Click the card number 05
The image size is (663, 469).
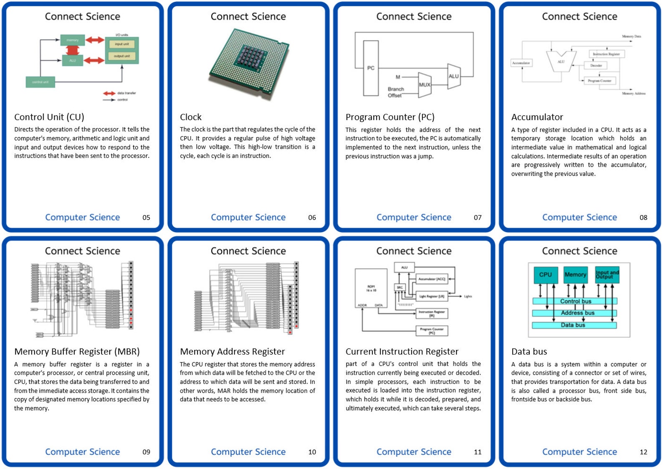coord(146,218)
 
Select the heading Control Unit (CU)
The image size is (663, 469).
coord(49,117)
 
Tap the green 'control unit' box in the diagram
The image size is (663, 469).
coord(40,82)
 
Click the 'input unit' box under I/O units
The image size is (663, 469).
coord(121,44)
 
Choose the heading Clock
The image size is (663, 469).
coord(191,117)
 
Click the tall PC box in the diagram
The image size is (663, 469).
coord(371,68)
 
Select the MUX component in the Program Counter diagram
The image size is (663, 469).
coord(425,84)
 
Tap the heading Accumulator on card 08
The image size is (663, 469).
coord(537,117)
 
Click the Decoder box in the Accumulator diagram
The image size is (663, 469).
coord(596,66)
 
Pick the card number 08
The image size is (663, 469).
coord(643,218)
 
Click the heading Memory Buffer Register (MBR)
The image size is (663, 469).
coord(77,352)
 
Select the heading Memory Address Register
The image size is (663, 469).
coord(232,352)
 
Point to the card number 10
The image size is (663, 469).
coord(312,452)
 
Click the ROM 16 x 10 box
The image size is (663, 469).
coord(371,288)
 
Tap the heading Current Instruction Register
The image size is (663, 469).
coord(402,352)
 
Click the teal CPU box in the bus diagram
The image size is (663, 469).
coord(545,275)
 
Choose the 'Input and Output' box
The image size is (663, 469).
coord(607,274)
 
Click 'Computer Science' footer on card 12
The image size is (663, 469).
coord(579,452)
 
